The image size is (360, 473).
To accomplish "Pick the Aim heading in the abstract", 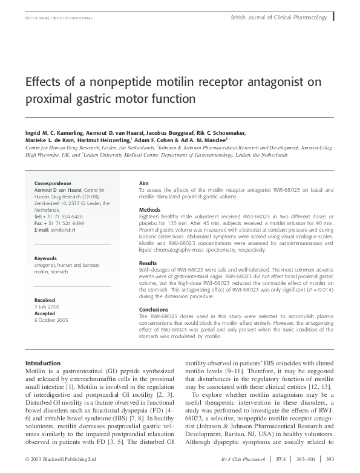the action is click(144, 182).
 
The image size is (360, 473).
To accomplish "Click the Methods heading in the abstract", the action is click(149, 210).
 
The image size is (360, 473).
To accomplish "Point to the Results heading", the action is click(148, 263).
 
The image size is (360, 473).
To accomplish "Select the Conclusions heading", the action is click(153, 309).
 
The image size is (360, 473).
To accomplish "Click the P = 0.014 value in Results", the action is click(319, 290).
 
